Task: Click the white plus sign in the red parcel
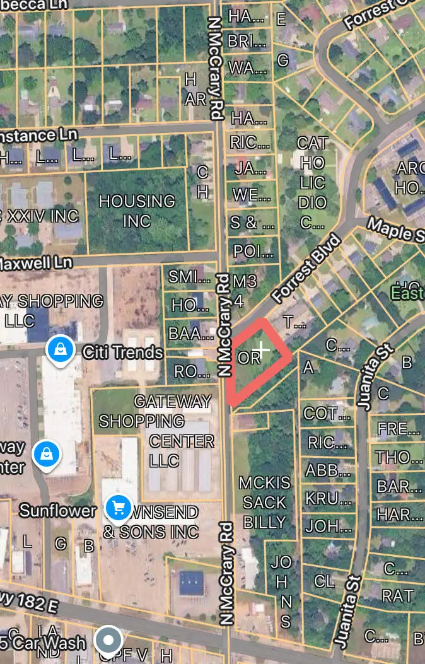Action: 261,350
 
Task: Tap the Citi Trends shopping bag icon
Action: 59,348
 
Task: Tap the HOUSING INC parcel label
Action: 137,211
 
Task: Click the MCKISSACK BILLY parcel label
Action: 264,503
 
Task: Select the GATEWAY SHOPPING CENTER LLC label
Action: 173,431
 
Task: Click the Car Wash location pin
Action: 108,641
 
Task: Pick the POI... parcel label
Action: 253,252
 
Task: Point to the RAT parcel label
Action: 397,595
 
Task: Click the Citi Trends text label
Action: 123,352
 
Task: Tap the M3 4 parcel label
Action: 240,290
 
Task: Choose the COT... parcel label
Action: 327,414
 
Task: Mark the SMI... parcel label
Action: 189,276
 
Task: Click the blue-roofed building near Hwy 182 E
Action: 191,583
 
